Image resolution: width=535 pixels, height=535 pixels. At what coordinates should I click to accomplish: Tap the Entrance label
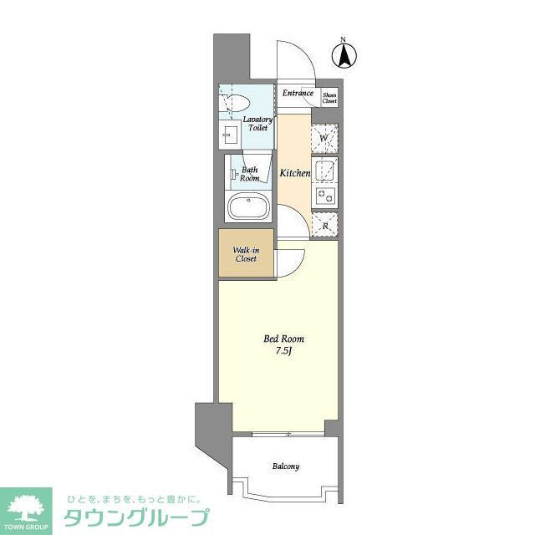click(298, 94)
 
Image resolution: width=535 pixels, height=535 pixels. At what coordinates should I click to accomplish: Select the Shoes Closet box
click(329, 96)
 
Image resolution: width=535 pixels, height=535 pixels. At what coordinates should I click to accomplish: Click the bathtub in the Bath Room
click(247, 206)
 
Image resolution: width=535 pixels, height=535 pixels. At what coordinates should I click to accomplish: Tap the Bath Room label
click(249, 174)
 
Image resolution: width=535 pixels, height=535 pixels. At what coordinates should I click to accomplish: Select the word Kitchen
click(295, 173)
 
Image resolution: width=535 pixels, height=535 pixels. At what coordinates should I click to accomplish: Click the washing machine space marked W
click(324, 137)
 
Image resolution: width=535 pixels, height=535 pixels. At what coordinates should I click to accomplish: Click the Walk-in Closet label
click(246, 254)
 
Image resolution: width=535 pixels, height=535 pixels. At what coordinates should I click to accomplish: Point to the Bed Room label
click(279, 339)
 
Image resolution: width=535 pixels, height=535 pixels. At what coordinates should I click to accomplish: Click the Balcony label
click(285, 466)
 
